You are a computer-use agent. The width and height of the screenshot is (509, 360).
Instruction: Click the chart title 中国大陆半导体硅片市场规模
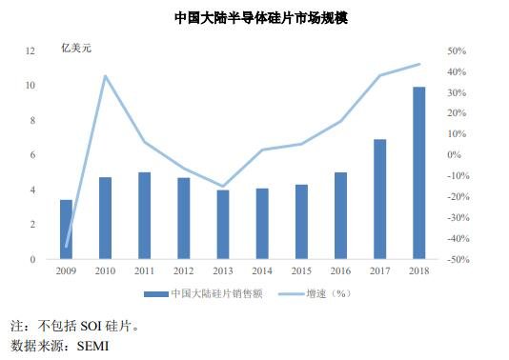click(254, 18)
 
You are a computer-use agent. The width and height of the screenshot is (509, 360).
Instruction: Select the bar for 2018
click(418, 172)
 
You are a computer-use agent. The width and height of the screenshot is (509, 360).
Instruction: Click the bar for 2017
click(379, 199)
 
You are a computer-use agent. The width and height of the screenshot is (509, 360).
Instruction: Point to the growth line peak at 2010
click(105, 76)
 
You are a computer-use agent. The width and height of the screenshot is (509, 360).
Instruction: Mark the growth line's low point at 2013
click(223, 186)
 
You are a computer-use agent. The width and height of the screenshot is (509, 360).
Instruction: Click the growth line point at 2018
click(418, 65)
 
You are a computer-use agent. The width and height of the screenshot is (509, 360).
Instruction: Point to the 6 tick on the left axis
click(33, 154)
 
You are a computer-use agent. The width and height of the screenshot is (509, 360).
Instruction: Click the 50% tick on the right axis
click(455, 50)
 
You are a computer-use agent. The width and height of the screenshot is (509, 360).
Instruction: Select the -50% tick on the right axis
click(455, 259)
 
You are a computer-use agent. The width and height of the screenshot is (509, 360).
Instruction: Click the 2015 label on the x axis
click(301, 271)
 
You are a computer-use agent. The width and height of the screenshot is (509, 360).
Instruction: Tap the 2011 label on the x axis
click(144, 271)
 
